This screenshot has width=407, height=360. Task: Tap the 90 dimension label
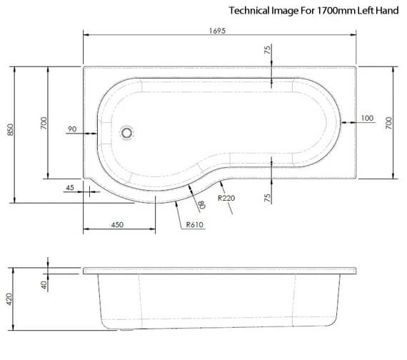tap(71, 129)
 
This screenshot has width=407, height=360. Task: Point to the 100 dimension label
tap(367, 118)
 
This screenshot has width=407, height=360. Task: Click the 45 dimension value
tap(69, 188)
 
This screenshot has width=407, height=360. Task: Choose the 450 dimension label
tap(118, 224)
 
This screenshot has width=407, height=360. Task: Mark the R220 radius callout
tap(227, 198)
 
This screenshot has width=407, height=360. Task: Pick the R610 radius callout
tap(195, 224)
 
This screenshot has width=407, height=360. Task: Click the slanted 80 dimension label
tap(202, 204)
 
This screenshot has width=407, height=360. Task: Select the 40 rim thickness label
tap(44, 284)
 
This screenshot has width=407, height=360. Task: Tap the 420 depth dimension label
tap(10, 299)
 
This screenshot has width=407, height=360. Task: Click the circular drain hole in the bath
tap(128, 132)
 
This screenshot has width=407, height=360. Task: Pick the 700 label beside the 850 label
tap(44, 124)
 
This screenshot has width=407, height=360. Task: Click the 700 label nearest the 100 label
tap(389, 124)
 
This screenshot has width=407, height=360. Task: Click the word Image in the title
tap(283, 11)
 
